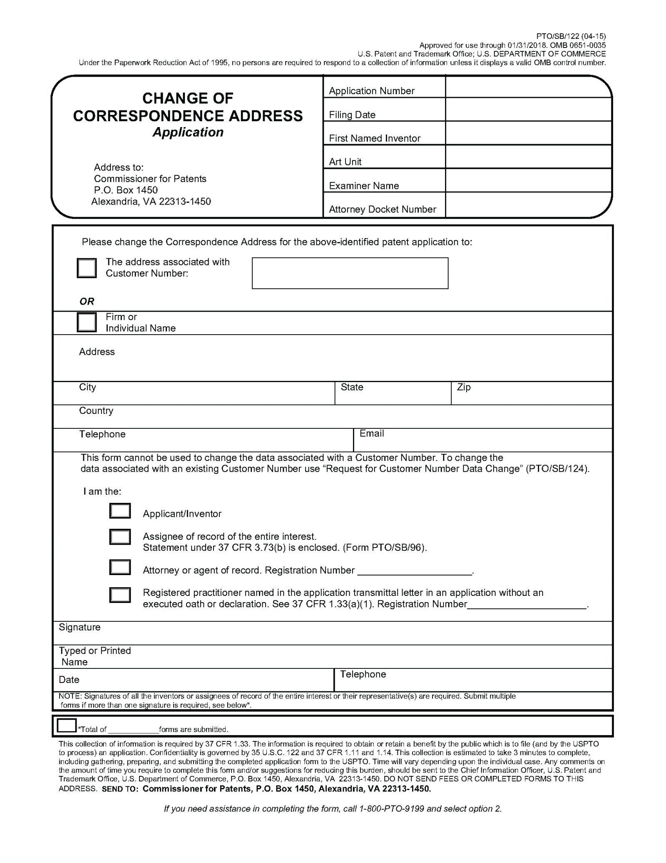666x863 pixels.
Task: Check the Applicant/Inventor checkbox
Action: tap(120, 511)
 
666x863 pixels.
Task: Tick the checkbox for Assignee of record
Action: tap(120, 537)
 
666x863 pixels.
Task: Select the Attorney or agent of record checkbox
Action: tap(120, 568)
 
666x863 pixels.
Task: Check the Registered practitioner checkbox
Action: tap(120, 595)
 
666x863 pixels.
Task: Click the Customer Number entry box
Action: tap(350, 273)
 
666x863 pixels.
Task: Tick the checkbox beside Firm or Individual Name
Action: tap(87, 322)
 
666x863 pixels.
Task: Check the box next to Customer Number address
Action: tap(87, 268)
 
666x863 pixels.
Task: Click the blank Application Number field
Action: tap(528, 87)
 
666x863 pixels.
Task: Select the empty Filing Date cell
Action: tap(528, 110)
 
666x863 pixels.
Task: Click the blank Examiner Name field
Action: tap(528, 180)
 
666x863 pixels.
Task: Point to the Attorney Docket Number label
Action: tap(382, 209)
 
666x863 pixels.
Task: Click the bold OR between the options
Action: tap(87, 301)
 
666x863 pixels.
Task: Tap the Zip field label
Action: tap(464, 387)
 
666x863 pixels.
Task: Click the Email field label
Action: tap(371, 433)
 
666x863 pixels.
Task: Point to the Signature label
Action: tap(80, 627)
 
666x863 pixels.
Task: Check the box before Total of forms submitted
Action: tap(67, 725)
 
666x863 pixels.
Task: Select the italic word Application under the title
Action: tap(188, 132)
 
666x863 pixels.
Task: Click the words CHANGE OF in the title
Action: tap(188, 98)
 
